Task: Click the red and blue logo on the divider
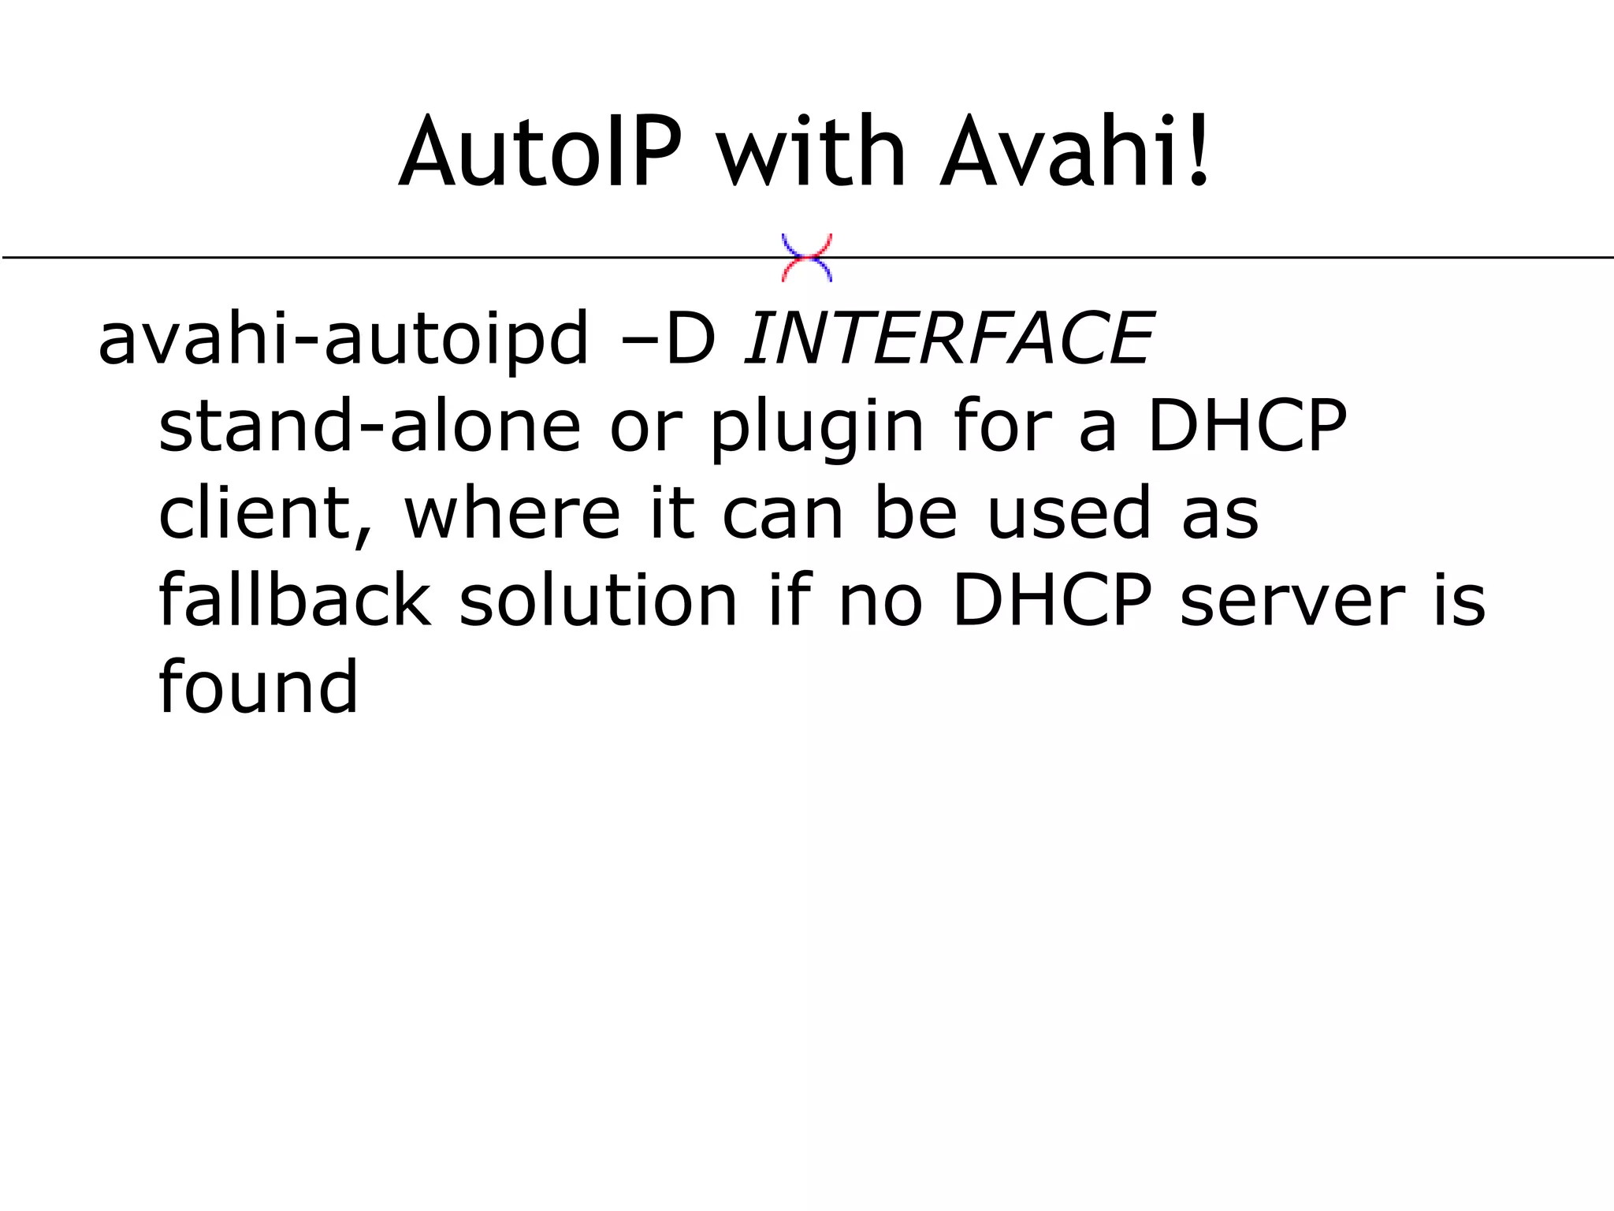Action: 806,258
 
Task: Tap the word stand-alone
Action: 369,426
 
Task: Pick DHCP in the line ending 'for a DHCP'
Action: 1248,426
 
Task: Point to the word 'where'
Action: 513,512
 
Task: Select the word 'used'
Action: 1069,512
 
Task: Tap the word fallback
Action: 295,601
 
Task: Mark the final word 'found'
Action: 258,687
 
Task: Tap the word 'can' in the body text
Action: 783,514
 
